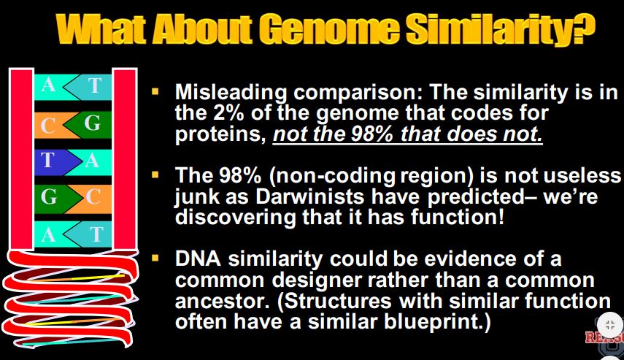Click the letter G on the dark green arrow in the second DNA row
93,122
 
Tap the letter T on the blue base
47,160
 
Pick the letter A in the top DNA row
48,85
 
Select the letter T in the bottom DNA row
96,234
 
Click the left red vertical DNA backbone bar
21,158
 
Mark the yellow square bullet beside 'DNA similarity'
155,258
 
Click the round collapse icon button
609,324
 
